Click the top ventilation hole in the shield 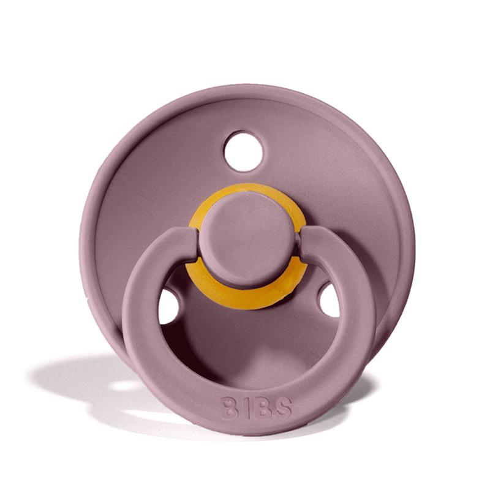[243, 151]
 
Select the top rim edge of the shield [245, 89]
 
